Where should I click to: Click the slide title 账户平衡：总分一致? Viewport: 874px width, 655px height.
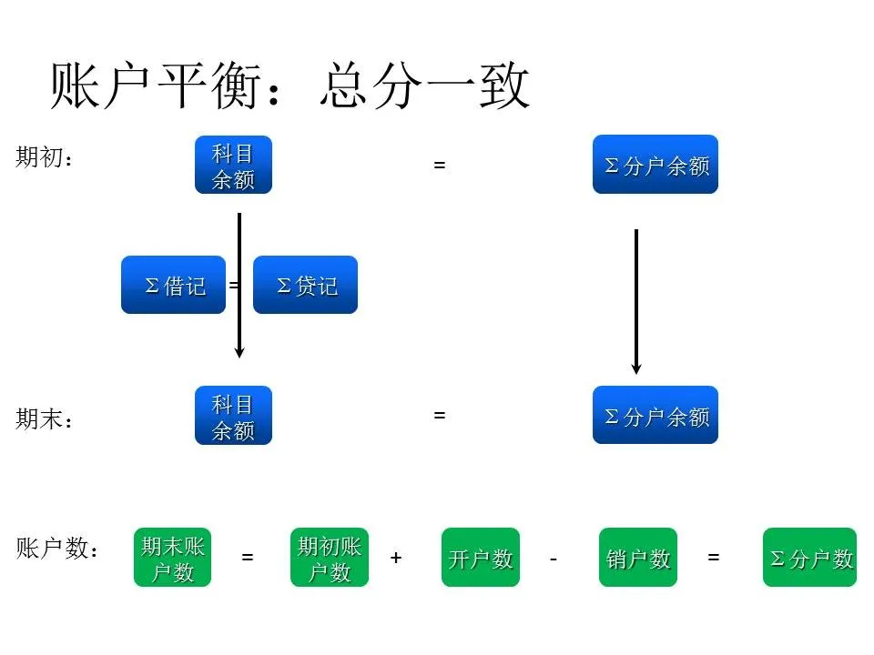click(x=290, y=87)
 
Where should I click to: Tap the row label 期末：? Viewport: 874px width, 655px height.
click(x=44, y=419)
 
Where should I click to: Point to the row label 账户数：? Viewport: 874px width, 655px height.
click(x=57, y=549)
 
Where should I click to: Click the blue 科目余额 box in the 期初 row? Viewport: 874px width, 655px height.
click(x=233, y=165)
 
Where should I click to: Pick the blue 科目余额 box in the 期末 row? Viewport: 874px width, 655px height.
click(x=233, y=416)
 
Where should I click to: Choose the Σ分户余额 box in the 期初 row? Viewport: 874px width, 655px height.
click(x=655, y=165)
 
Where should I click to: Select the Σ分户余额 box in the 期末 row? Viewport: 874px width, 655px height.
click(x=655, y=416)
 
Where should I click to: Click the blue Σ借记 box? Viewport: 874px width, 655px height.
click(x=173, y=285)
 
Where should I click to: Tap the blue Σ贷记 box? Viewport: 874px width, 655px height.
click(x=305, y=285)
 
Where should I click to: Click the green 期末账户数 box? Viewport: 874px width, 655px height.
click(x=173, y=558)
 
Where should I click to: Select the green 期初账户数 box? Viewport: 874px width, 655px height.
click(x=330, y=558)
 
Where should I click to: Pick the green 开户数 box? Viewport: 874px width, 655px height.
click(x=481, y=558)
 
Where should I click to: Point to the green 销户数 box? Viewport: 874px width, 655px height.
click(x=638, y=558)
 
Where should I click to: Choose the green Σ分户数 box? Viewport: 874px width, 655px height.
click(x=810, y=558)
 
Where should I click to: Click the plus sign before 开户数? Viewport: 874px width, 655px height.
click(x=396, y=557)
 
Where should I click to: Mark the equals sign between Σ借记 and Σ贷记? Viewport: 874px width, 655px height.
click(x=233, y=285)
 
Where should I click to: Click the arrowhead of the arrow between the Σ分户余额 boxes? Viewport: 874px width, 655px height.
click(x=636, y=368)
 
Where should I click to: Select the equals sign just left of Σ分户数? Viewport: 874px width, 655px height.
click(x=714, y=557)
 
